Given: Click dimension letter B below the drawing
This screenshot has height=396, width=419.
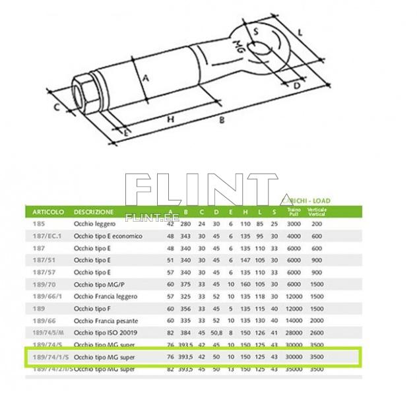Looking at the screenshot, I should [222, 121].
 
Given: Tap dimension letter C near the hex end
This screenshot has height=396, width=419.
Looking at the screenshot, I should [57, 106].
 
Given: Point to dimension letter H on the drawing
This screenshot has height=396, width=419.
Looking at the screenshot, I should [170, 119].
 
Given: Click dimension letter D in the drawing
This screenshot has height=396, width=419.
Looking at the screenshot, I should [297, 85].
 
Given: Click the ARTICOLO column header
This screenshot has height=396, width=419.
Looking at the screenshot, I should [48, 213].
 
